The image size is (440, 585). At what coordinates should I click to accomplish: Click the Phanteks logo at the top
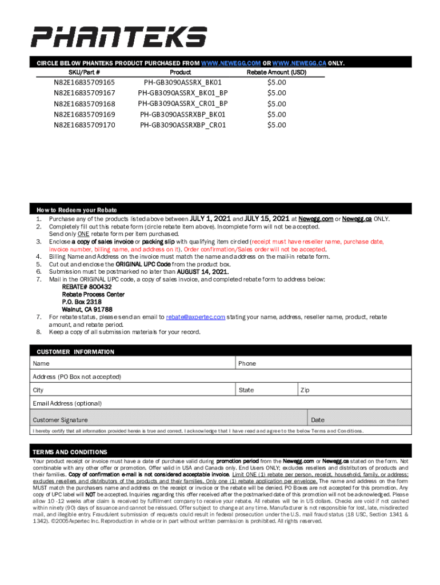(x=118, y=37)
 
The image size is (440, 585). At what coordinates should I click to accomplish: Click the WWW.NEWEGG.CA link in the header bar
(x=299, y=63)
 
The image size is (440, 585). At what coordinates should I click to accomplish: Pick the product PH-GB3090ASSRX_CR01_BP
(x=183, y=103)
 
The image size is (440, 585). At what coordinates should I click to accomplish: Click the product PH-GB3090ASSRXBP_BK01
(x=183, y=114)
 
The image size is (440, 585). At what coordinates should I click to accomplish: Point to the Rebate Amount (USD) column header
(x=277, y=73)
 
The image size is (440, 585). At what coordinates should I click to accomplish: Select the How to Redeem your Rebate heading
(x=77, y=210)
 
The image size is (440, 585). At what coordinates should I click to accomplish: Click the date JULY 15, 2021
(x=267, y=219)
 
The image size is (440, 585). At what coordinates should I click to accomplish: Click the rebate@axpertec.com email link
(x=195, y=317)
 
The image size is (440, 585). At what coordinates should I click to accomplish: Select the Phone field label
(x=247, y=364)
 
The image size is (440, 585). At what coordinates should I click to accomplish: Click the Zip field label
(x=305, y=390)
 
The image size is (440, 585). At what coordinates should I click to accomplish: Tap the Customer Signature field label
(x=60, y=420)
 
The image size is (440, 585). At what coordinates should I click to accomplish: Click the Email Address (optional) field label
(x=67, y=403)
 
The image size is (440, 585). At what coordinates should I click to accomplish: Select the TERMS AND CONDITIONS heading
(x=70, y=452)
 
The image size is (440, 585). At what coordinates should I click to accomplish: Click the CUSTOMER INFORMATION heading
(x=75, y=352)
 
